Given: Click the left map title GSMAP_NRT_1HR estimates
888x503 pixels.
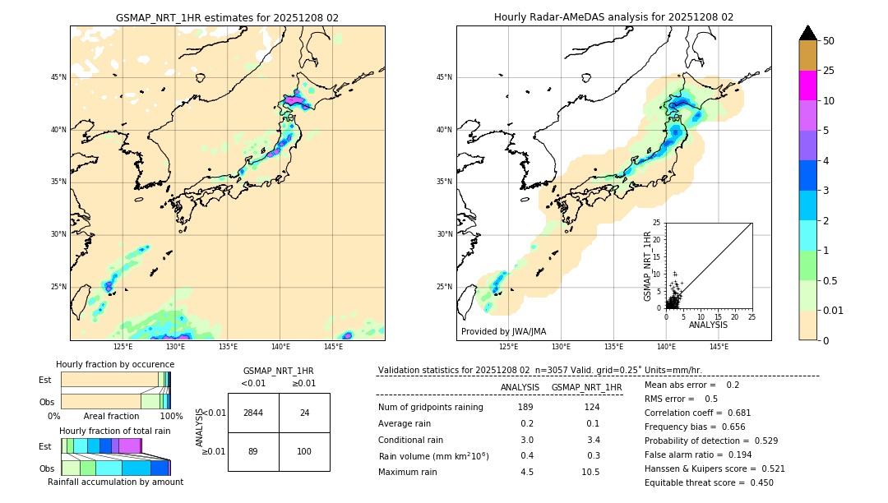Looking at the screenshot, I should click(227, 17).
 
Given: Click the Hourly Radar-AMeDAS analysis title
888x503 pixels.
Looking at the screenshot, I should click(613, 17).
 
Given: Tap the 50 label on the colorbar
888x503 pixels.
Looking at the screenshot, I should click(830, 41).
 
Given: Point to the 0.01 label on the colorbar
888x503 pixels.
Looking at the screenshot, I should click(835, 310).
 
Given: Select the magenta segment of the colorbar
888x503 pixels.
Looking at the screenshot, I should click(807, 85).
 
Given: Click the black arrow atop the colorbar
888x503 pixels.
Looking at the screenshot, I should click(807, 33).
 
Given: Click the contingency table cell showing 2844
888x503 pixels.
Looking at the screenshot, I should click(253, 413).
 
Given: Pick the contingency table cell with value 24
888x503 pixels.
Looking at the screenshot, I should click(304, 413).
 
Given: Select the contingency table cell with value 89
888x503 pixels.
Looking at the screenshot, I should click(253, 451).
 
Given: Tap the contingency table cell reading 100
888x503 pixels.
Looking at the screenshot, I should click(304, 451).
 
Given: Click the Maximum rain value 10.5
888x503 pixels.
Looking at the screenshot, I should click(590, 473).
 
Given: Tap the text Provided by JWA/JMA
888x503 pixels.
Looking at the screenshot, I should click(503, 332).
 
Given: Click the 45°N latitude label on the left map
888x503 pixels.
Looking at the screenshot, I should click(58, 77).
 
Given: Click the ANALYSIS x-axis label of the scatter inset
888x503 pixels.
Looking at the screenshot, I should click(708, 325).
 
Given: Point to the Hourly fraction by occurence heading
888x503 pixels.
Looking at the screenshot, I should click(115, 364).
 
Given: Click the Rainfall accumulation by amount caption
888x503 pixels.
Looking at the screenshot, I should click(115, 482).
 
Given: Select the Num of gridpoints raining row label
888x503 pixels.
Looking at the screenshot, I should click(430, 408).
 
